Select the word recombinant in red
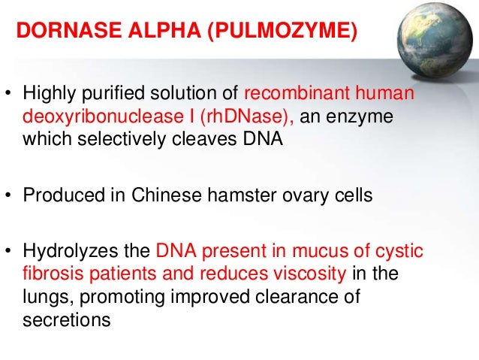293,96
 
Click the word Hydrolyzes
65,252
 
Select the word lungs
43,298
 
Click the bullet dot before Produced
11,196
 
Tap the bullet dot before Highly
11,96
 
